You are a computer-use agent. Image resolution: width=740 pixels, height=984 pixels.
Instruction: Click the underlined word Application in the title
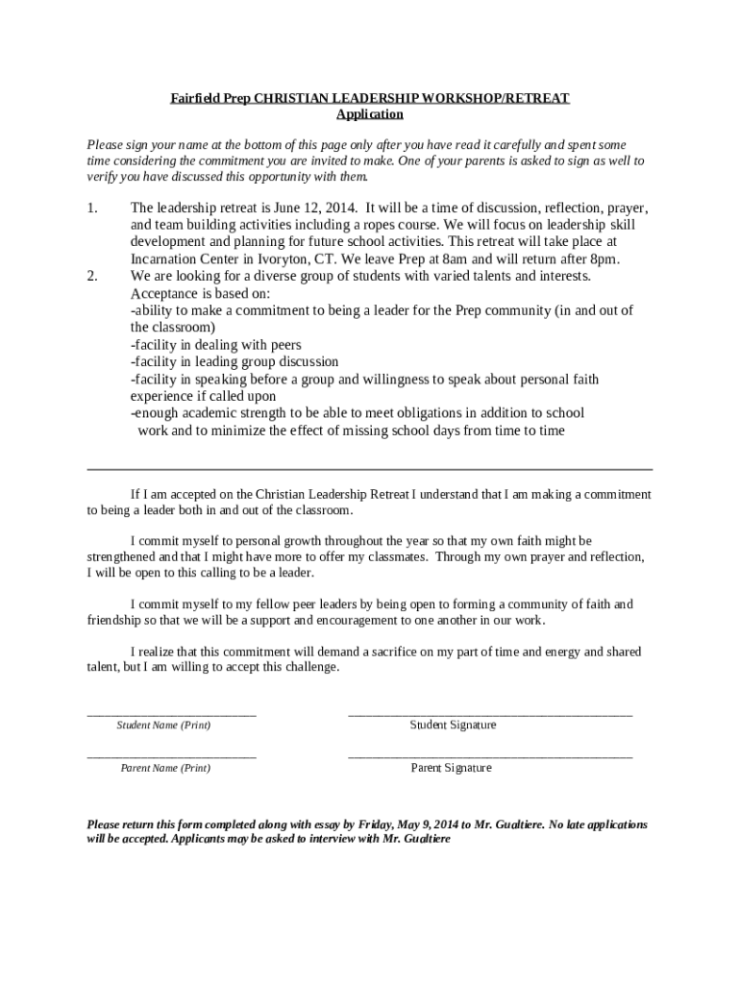pyautogui.click(x=370, y=114)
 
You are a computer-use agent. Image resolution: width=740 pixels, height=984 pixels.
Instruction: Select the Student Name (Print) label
pyautogui.click(x=163, y=726)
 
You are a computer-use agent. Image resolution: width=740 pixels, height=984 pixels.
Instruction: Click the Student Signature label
pyautogui.click(x=453, y=726)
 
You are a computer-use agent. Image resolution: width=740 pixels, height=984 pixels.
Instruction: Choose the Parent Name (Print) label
pyautogui.click(x=165, y=769)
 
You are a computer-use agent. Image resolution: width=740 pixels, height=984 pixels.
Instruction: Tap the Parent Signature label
pyautogui.click(x=451, y=769)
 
